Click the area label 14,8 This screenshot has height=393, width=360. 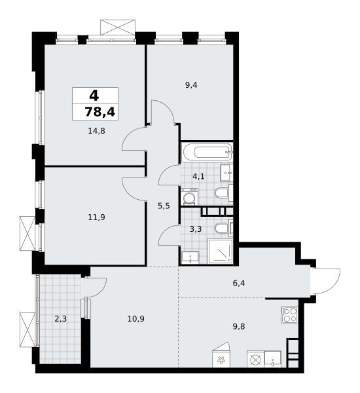96,130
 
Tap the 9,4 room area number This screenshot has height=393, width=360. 191,84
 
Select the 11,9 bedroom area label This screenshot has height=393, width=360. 96,217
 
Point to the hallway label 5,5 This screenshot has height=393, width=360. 164,206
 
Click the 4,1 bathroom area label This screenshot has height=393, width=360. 198,176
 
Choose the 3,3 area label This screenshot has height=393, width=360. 196,229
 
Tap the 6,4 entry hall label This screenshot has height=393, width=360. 239,283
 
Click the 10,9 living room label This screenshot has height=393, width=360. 135,318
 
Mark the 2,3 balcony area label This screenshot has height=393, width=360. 60,319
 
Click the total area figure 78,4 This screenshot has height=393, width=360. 99,112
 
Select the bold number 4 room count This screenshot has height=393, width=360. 94,96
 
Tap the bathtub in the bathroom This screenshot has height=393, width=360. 206,153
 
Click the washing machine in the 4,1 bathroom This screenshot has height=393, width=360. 190,197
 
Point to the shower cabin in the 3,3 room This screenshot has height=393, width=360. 220,251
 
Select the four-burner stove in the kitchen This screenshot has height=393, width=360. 289,314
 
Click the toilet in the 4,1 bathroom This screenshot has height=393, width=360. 221,193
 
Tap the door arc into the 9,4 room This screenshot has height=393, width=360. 162,112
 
